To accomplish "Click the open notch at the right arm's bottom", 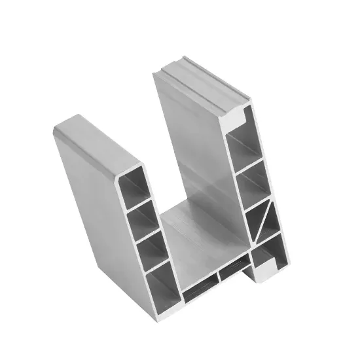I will click(268, 265).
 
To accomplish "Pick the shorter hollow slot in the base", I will click(234, 270).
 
